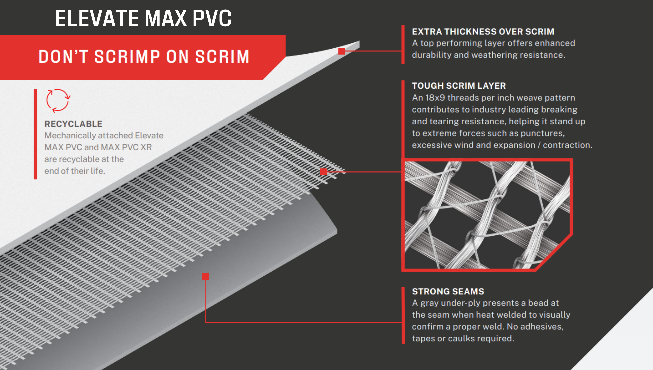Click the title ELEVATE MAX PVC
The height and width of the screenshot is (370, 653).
tap(143, 18)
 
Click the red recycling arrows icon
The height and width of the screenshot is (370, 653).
tap(58, 101)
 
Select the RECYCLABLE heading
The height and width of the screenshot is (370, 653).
tap(73, 124)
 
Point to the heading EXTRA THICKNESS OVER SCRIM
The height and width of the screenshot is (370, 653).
tap(483, 32)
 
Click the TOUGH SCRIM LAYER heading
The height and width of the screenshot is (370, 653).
tap(459, 86)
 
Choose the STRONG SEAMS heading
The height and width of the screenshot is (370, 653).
tap(448, 291)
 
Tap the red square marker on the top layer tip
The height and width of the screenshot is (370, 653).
tap(342, 51)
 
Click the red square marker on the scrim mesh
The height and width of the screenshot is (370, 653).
tap(324, 172)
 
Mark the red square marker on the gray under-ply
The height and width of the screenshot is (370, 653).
tap(205, 276)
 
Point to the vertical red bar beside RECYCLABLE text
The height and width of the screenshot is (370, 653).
tap(35, 134)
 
